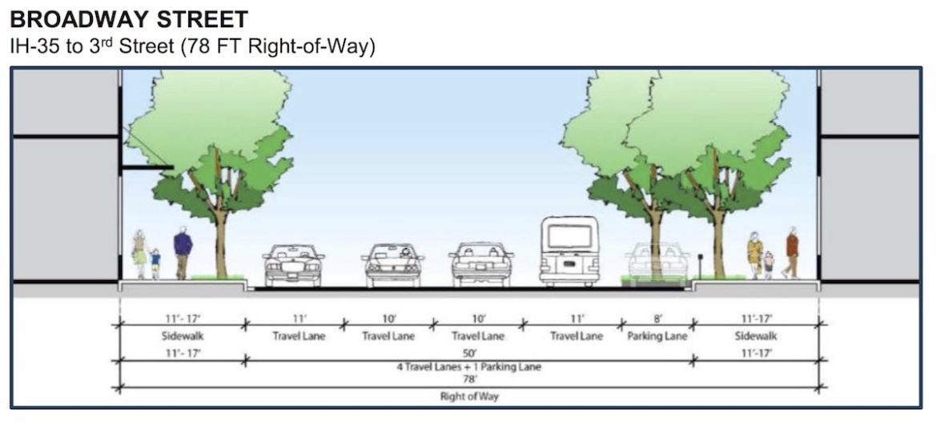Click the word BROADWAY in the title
[78, 19]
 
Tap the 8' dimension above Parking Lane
[658, 319]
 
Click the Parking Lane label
[658, 336]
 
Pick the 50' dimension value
[469, 354]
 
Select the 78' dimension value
[469, 379]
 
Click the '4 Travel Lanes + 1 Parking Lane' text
[469, 367]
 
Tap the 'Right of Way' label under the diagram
[469, 396]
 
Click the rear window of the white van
[569, 237]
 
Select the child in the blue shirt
[155, 264]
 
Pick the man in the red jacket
[791, 252]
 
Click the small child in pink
[769, 265]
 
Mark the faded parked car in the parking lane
[658, 263]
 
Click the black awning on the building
[147, 168]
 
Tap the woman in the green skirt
[140, 255]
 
